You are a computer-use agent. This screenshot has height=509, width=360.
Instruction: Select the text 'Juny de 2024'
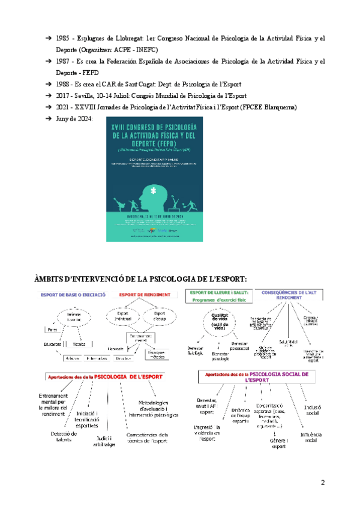pyautogui.click(x=74, y=119)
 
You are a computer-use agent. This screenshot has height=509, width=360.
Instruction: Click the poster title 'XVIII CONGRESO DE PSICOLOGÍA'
pyautogui.click(x=154, y=127)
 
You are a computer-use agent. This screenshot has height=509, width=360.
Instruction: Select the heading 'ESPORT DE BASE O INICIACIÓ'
pyautogui.click(x=73, y=295)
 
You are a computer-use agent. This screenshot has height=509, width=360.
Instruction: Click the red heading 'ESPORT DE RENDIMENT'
pyautogui.click(x=145, y=295)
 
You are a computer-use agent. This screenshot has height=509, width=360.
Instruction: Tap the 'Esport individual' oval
pyautogui.click(x=123, y=316)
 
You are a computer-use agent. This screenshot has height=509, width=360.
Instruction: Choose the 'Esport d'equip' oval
pyautogui.click(x=159, y=316)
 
